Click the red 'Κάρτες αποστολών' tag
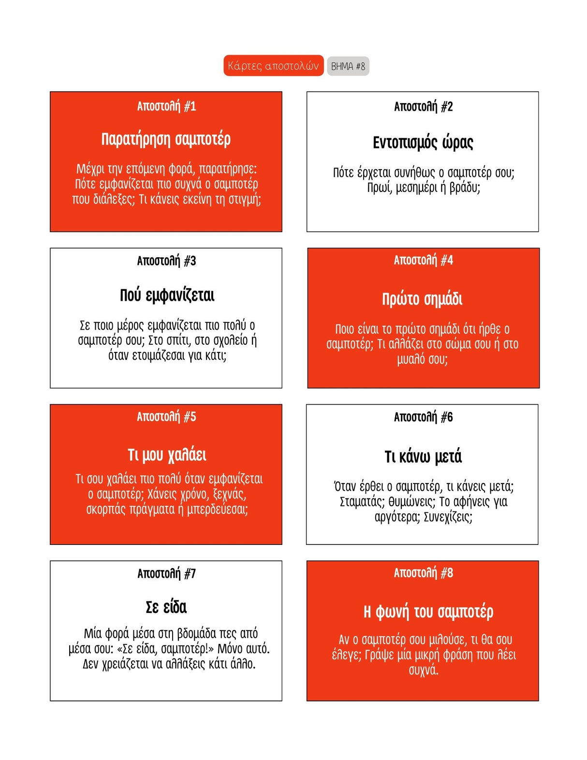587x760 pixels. coord(273,66)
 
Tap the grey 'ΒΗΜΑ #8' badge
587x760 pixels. coord(348,66)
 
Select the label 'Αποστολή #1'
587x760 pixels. coord(166,106)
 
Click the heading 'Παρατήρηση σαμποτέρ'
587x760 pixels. coord(166,139)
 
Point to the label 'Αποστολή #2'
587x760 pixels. coord(423,106)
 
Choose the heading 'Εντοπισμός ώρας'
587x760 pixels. coord(423,143)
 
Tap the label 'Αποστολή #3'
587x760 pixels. coord(166,261)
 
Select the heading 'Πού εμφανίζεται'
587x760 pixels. coord(167,295)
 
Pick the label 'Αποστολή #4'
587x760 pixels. coord(423,261)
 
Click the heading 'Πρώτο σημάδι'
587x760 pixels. coord(422,299)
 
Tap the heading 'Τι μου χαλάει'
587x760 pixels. coord(167,455)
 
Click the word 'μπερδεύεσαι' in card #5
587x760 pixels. coord(217,510)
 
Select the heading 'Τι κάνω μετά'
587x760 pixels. coord(423,456)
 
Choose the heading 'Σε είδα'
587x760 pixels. coord(166,607)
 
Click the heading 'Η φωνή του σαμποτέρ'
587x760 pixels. coord(428,612)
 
